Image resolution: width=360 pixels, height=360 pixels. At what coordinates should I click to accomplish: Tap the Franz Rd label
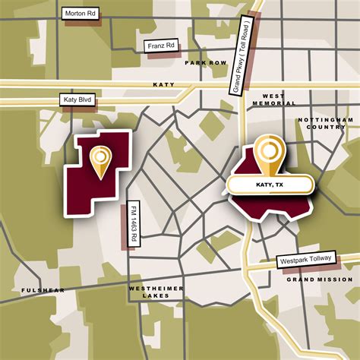point(161,46)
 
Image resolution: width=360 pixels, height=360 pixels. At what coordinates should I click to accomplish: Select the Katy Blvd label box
point(77,100)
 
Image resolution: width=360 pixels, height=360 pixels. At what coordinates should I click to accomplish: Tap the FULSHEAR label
point(43,291)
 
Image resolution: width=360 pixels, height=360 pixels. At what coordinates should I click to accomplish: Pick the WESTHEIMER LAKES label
point(154,292)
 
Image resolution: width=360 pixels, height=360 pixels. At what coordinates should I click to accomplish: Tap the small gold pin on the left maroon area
point(99,161)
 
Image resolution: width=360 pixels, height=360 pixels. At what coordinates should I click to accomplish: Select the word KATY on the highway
point(163,86)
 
